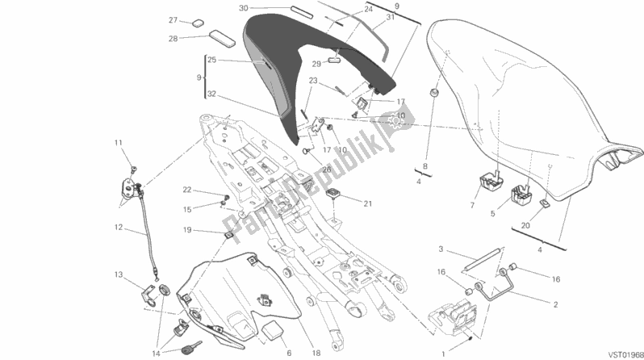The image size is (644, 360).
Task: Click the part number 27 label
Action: click(x=173, y=20)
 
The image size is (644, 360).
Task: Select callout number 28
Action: click(x=173, y=38)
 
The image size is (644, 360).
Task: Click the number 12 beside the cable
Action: click(x=118, y=228)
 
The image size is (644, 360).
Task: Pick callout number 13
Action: click(x=118, y=274)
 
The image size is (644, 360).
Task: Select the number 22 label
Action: click(x=186, y=190)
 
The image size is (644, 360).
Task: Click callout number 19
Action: click(x=186, y=229)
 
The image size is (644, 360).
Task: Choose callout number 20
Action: click(x=525, y=228)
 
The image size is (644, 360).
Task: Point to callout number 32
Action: click(x=211, y=94)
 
